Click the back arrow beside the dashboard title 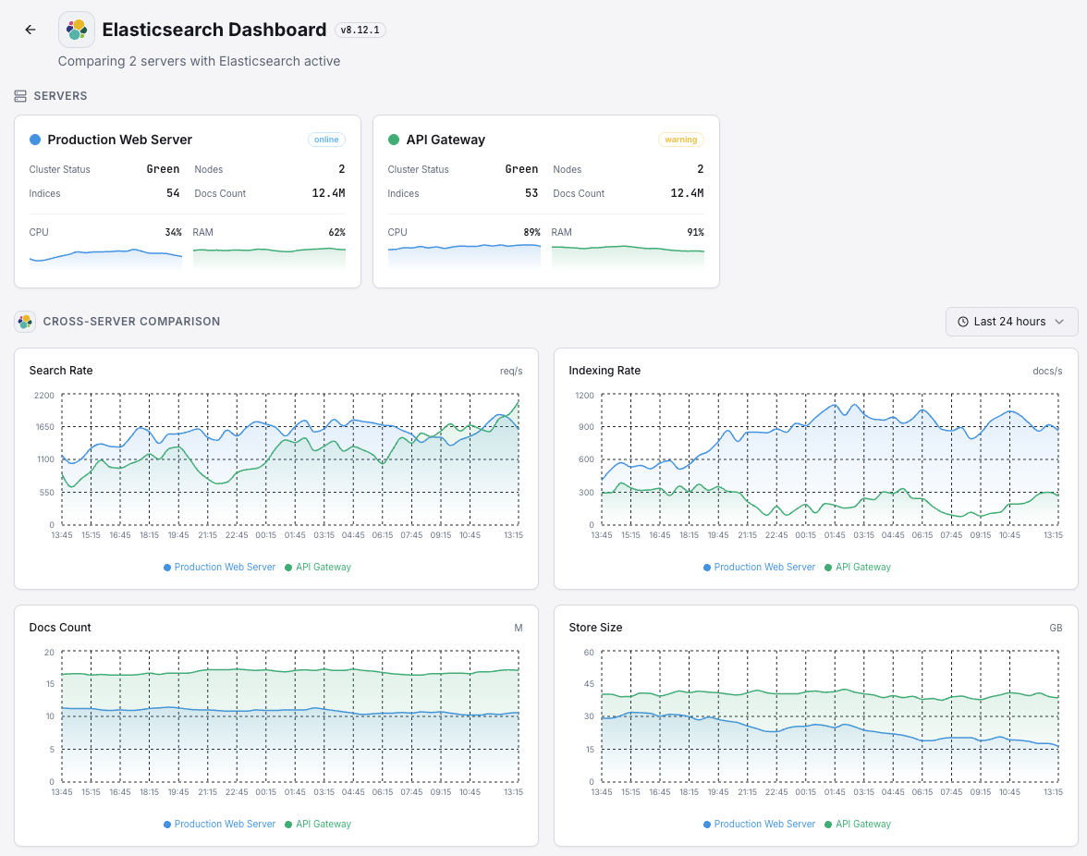click(x=31, y=30)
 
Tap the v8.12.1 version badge click(x=360, y=30)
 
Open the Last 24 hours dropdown click(x=1011, y=322)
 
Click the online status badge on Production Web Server click(x=326, y=140)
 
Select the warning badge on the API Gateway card click(x=680, y=140)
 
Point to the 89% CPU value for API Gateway click(x=530, y=232)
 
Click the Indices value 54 click(x=173, y=193)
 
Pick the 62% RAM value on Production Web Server click(x=336, y=232)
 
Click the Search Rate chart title click(x=61, y=371)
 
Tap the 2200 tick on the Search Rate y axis click(x=43, y=395)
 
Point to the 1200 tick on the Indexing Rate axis click(x=583, y=395)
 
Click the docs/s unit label click(x=1047, y=371)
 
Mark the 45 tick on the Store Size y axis click(x=588, y=684)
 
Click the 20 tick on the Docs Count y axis click(x=49, y=652)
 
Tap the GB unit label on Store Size click(x=1056, y=628)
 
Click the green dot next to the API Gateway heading click(x=394, y=140)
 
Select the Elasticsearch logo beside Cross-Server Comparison click(x=25, y=322)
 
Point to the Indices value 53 click(x=531, y=193)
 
